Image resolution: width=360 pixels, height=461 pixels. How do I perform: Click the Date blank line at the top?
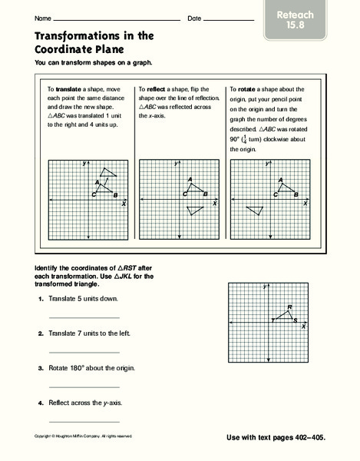pyautogui.click(x=229, y=18)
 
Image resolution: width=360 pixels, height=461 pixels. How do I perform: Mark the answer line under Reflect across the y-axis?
pyautogui.click(x=84, y=421)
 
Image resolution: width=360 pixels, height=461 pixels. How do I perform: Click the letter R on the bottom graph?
pyautogui.click(x=289, y=307)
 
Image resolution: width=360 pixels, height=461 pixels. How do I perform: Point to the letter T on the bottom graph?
pyautogui.click(x=272, y=320)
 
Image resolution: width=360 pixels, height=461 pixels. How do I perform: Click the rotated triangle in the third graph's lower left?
pyautogui.click(x=253, y=210)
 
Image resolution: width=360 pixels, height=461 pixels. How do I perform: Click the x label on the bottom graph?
pyautogui.click(x=303, y=327)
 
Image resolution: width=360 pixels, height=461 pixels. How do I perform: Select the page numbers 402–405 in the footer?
pyautogui.click(x=307, y=436)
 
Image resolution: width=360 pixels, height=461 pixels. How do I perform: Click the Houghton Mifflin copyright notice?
pyautogui.click(x=84, y=436)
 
